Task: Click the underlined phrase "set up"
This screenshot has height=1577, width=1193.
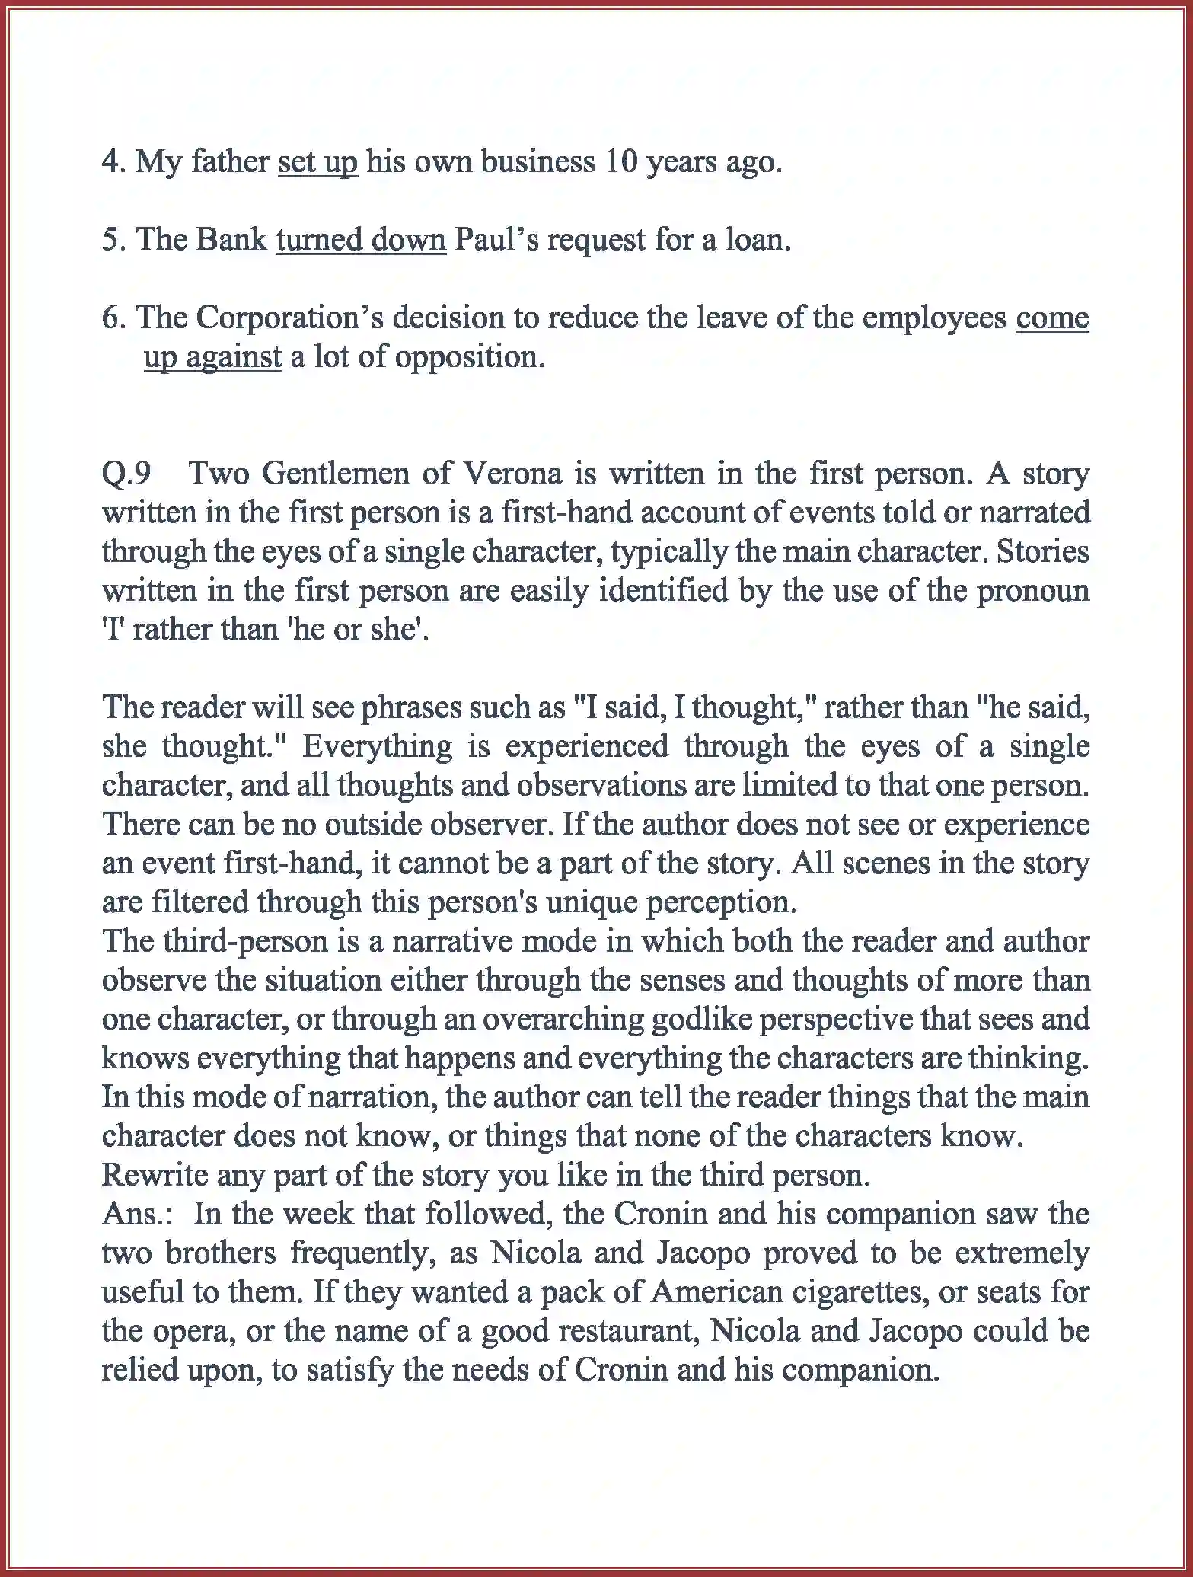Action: pos(317,162)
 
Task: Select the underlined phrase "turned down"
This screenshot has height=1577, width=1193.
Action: pos(361,240)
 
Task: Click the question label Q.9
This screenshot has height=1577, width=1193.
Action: pos(126,474)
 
